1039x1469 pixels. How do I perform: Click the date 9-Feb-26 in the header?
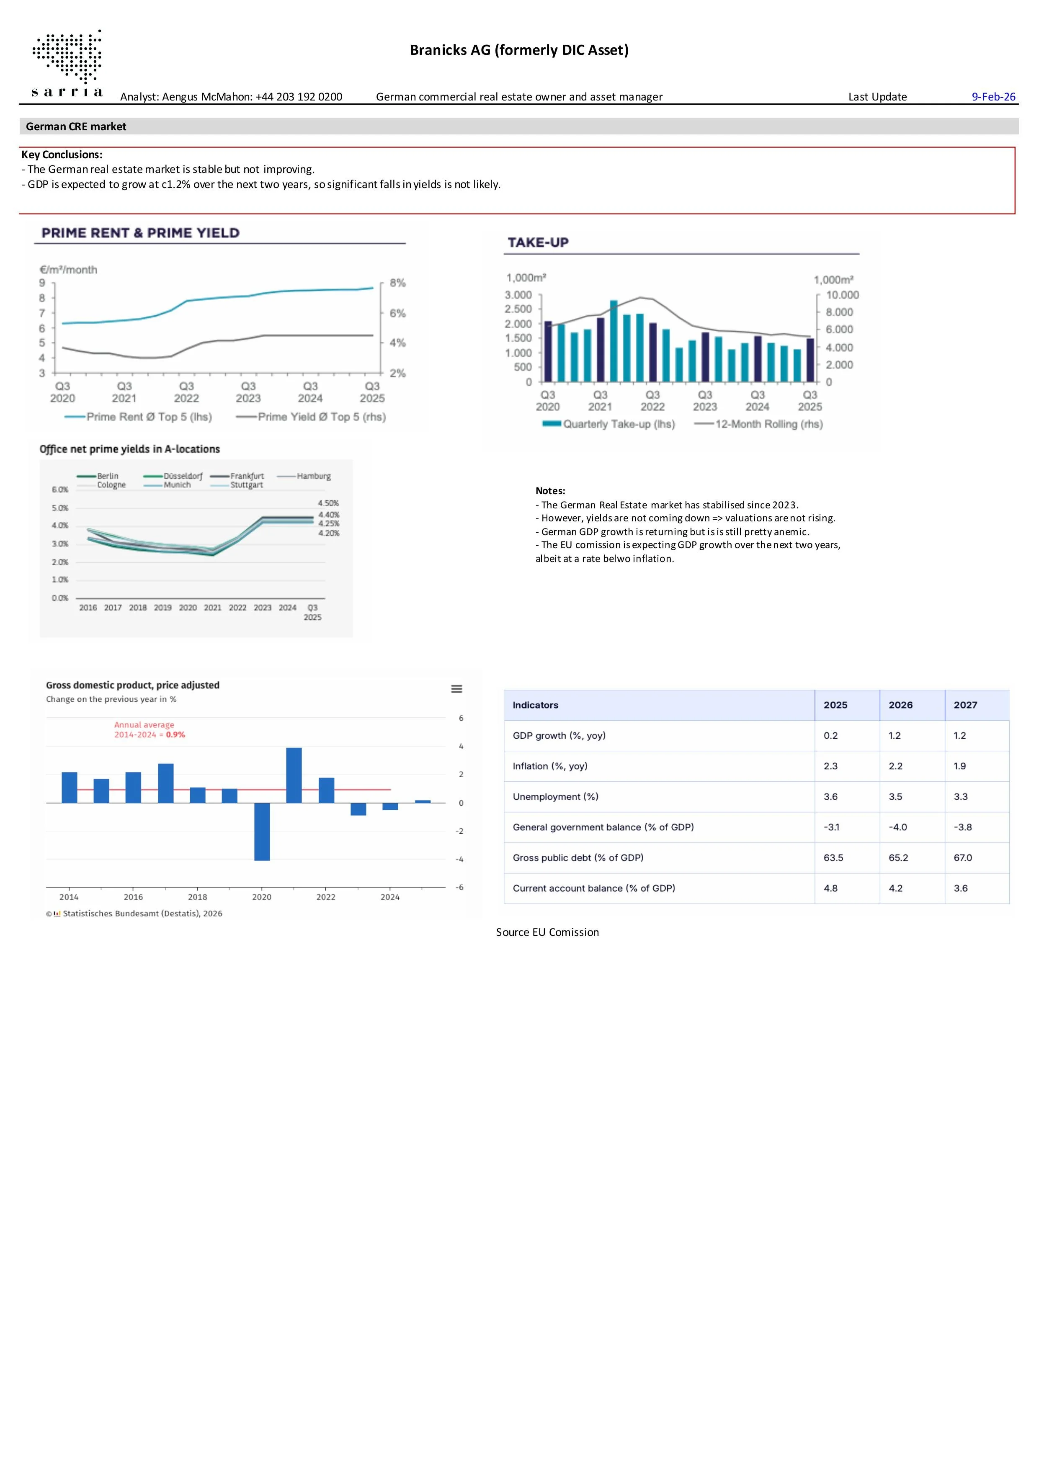click(993, 97)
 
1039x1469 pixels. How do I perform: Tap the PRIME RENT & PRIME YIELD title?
click(141, 233)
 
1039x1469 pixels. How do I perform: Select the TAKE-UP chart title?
click(538, 242)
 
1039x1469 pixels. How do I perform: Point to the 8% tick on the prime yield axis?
click(397, 283)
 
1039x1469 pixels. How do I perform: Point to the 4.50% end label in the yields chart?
click(328, 503)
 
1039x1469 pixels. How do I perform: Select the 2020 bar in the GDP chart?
click(262, 831)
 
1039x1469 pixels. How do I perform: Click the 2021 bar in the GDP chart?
click(294, 775)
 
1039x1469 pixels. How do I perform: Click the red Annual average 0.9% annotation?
click(149, 729)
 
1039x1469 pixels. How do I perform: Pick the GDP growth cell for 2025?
click(830, 735)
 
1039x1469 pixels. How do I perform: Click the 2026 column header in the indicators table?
click(900, 705)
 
